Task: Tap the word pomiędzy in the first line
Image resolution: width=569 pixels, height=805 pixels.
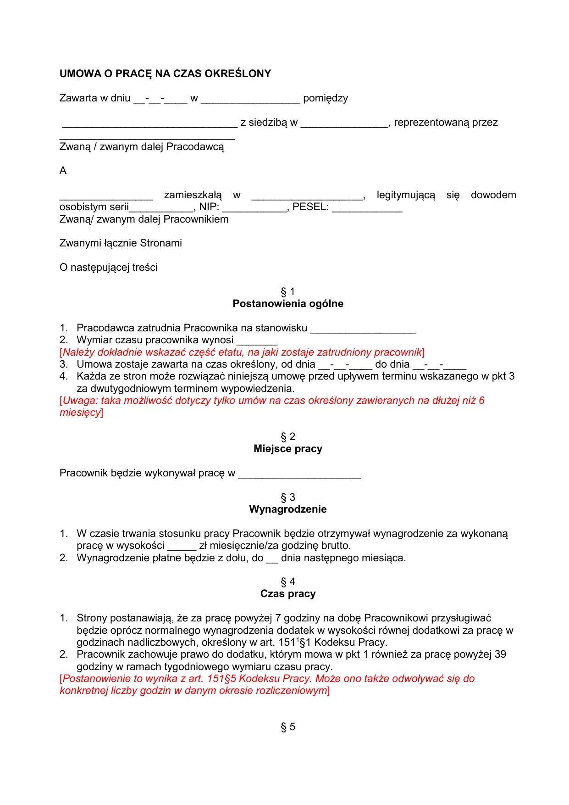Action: [x=325, y=98]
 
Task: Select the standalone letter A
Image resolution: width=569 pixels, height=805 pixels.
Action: [x=63, y=171]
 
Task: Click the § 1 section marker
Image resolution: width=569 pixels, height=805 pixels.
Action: [x=287, y=292]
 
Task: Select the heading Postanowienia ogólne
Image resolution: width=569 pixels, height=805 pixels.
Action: [x=287, y=304]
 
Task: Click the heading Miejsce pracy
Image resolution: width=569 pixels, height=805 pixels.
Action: [x=287, y=449]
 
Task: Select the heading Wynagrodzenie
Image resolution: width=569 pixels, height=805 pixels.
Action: [x=287, y=509]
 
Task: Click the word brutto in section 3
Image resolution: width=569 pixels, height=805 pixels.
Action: [x=335, y=546]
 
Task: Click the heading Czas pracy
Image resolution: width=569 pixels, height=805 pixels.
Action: [x=287, y=594]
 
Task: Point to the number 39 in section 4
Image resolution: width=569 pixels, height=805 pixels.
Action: [x=500, y=654]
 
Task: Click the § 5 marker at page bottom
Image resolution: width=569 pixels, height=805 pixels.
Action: [x=287, y=727]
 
